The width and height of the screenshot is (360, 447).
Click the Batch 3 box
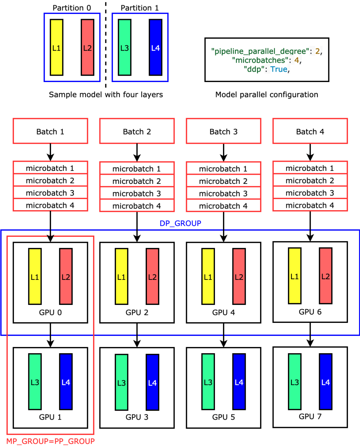pyautogui.click(x=223, y=131)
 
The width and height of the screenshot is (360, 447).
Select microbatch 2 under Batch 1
pyautogui.click(x=50, y=180)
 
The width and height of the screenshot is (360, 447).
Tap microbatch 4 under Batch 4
pyautogui.click(x=310, y=205)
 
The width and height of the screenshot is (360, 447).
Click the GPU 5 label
pyautogui.click(x=223, y=417)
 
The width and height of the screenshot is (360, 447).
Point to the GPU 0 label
pyautogui.click(x=50, y=312)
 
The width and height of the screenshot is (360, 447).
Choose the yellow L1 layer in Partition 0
pyautogui.click(x=56, y=47)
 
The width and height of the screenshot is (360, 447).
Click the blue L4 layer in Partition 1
pyautogui.click(x=155, y=47)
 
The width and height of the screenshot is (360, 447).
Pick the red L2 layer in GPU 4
pyautogui.click(x=239, y=276)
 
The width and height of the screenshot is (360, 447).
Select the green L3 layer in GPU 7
pyautogui.click(x=294, y=382)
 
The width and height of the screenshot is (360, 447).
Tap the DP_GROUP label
pyautogui.click(x=180, y=223)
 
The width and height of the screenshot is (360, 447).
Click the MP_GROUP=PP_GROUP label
pyautogui.click(x=50, y=441)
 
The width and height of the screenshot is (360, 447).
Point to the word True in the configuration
pyautogui.click(x=279, y=69)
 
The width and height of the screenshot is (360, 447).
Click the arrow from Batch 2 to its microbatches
pyautogui.click(x=137, y=153)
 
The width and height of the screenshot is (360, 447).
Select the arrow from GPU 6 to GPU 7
pyautogui.click(x=310, y=335)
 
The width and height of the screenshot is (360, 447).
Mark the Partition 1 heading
pyautogui.click(x=140, y=8)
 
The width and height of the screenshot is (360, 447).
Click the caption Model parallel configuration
pyautogui.click(x=267, y=94)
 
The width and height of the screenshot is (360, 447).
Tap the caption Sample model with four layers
pyautogui.click(x=106, y=94)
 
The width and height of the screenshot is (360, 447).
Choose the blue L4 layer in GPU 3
pyautogui.click(x=152, y=382)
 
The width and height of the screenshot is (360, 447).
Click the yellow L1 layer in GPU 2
pyautogui.click(x=121, y=276)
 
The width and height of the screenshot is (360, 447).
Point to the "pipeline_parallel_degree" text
pyautogui.click(x=260, y=51)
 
